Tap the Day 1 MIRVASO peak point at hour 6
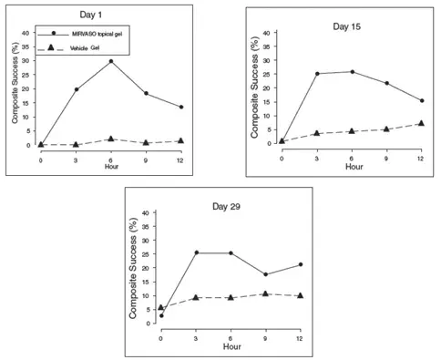click(110, 61)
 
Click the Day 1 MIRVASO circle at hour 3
click(76, 89)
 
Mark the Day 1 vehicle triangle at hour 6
click(110, 139)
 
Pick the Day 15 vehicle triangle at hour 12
click(420, 123)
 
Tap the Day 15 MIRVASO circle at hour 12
click(420, 100)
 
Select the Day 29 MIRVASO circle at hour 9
click(265, 274)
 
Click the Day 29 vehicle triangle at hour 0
click(161, 308)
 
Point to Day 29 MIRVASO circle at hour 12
click(300, 264)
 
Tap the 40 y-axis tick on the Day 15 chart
click(267, 33)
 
